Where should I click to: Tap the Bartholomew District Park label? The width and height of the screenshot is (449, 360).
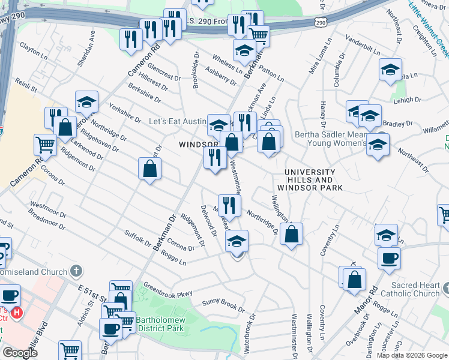[x=163, y=325]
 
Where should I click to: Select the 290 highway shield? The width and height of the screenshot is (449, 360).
[x=321, y=22]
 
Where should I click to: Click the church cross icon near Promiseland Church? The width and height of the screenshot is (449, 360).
[x=76, y=271]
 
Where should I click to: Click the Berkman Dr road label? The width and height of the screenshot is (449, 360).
[x=163, y=233]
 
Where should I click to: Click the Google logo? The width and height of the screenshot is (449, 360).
[x=20, y=353]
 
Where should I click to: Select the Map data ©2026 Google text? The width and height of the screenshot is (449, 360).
[x=412, y=355]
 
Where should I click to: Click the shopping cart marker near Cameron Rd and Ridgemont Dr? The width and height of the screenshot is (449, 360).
[x=45, y=145]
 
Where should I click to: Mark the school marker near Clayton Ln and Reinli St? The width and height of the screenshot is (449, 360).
[x=86, y=103]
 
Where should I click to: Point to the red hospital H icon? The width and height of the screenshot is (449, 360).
[x=17, y=313]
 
